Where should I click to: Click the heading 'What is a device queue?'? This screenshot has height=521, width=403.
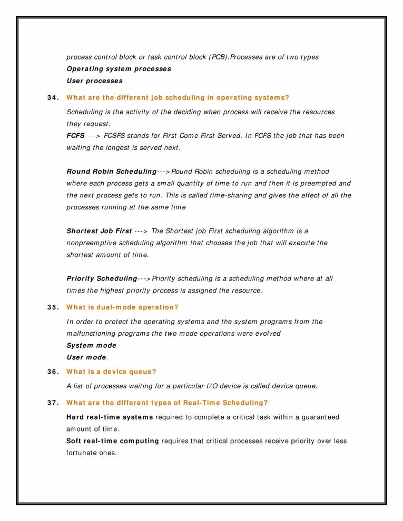[x=111, y=372]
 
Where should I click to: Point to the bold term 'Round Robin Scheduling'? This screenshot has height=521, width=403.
[x=112, y=172]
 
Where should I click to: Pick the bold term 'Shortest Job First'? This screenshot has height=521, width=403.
[x=99, y=231]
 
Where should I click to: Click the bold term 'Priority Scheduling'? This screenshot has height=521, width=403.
[x=102, y=278]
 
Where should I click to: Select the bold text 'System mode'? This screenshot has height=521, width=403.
[x=91, y=346]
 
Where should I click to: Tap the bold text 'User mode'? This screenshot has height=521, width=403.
[x=86, y=358]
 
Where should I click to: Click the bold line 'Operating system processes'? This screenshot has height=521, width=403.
[x=119, y=69]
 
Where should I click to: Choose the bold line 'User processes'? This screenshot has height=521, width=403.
[x=94, y=81]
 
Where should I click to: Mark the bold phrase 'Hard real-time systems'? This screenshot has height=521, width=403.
[x=110, y=417]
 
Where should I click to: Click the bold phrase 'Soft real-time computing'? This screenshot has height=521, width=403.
[x=113, y=441]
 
